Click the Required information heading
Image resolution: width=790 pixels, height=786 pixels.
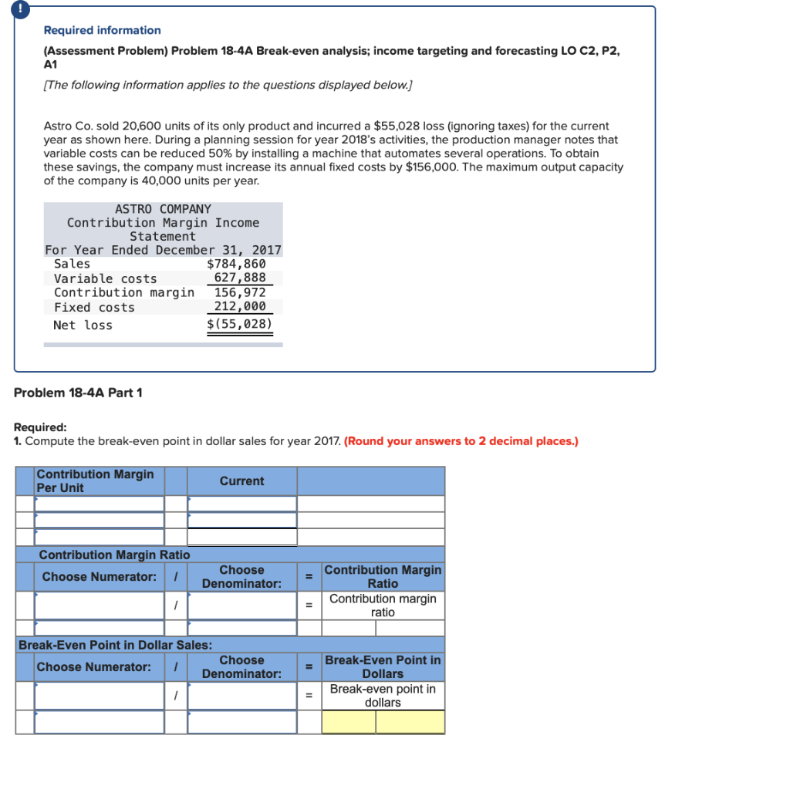pos(102,30)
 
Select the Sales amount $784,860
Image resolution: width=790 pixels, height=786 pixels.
pos(236,264)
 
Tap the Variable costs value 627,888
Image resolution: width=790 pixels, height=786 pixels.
pos(240,278)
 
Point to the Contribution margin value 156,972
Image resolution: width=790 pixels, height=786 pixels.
pos(240,292)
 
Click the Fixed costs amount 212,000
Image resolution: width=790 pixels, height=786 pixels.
pos(240,307)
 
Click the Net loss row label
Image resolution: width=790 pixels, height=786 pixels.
pos(83,325)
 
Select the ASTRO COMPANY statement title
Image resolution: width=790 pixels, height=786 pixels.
pos(163,209)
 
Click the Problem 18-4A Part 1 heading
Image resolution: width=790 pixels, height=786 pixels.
pos(78,393)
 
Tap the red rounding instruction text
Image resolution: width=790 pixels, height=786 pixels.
pos(461,441)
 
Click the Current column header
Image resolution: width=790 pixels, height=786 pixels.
pos(241,481)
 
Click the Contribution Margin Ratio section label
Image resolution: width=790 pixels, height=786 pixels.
pos(114,555)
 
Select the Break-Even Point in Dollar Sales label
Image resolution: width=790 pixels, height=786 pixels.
pos(116,645)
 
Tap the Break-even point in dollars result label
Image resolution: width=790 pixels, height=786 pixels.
pos(383,696)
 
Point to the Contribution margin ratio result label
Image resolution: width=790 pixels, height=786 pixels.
pos(383,606)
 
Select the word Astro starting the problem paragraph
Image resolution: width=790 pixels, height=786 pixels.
pos(59,126)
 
